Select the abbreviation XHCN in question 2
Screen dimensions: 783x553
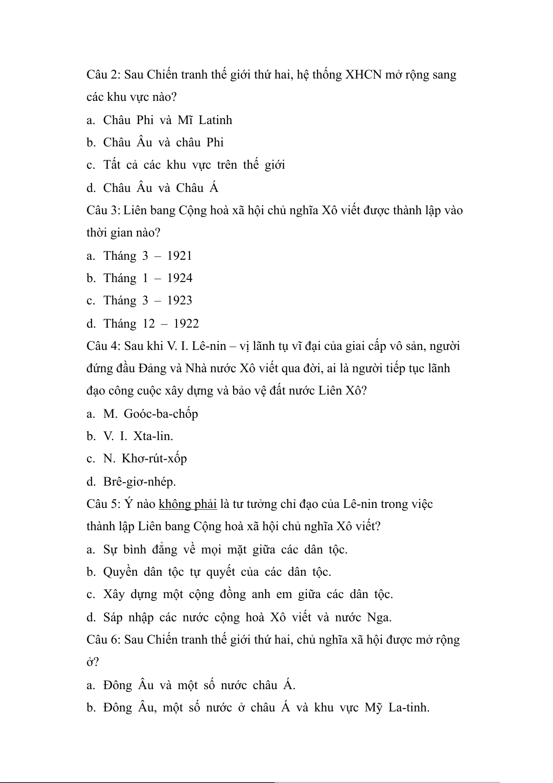coord(363,75)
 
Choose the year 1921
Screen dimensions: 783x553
coord(179,256)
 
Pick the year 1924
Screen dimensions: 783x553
coord(180,278)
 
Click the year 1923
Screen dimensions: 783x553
coord(179,300)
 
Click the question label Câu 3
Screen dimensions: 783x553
coord(103,211)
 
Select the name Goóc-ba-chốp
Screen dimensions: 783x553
coord(161,414)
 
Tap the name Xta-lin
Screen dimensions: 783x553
coord(153,436)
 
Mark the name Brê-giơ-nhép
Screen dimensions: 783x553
coord(139,481)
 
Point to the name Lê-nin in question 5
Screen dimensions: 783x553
coord(360,504)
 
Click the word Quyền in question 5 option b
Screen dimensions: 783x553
coord(120,572)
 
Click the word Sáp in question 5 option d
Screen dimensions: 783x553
coord(113,617)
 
